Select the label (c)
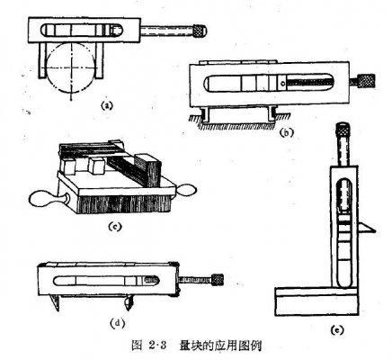point(115,227)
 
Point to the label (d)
point(117,323)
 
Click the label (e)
point(337,330)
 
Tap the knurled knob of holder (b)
point(367,81)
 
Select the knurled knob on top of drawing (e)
point(343,129)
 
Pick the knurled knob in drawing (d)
point(218,280)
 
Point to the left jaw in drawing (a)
point(43,60)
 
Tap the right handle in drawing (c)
point(186,190)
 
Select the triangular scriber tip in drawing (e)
point(366,227)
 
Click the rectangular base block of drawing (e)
point(316,302)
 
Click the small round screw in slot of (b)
point(282,84)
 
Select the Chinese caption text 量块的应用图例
point(220,345)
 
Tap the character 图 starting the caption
point(137,345)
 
